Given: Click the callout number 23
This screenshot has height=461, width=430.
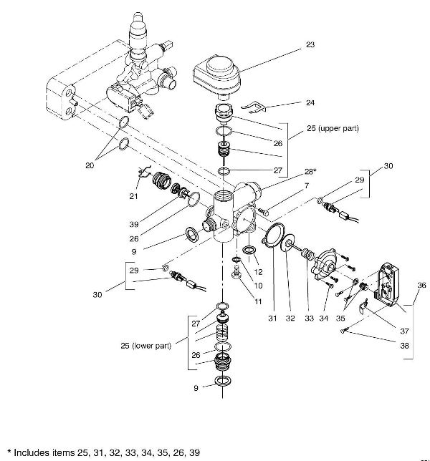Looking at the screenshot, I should click(x=310, y=44).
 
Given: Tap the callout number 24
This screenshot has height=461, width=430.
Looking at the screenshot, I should click(x=310, y=102).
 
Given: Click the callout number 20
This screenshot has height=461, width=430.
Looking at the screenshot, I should click(x=90, y=165).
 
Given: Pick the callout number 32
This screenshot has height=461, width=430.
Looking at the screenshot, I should click(x=290, y=317).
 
